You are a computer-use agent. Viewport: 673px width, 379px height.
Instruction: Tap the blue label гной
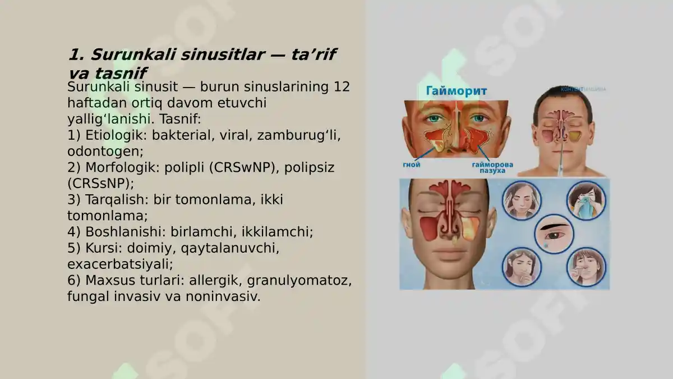click(x=412, y=165)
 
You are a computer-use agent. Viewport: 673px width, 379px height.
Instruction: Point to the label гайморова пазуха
click(x=492, y=167)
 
